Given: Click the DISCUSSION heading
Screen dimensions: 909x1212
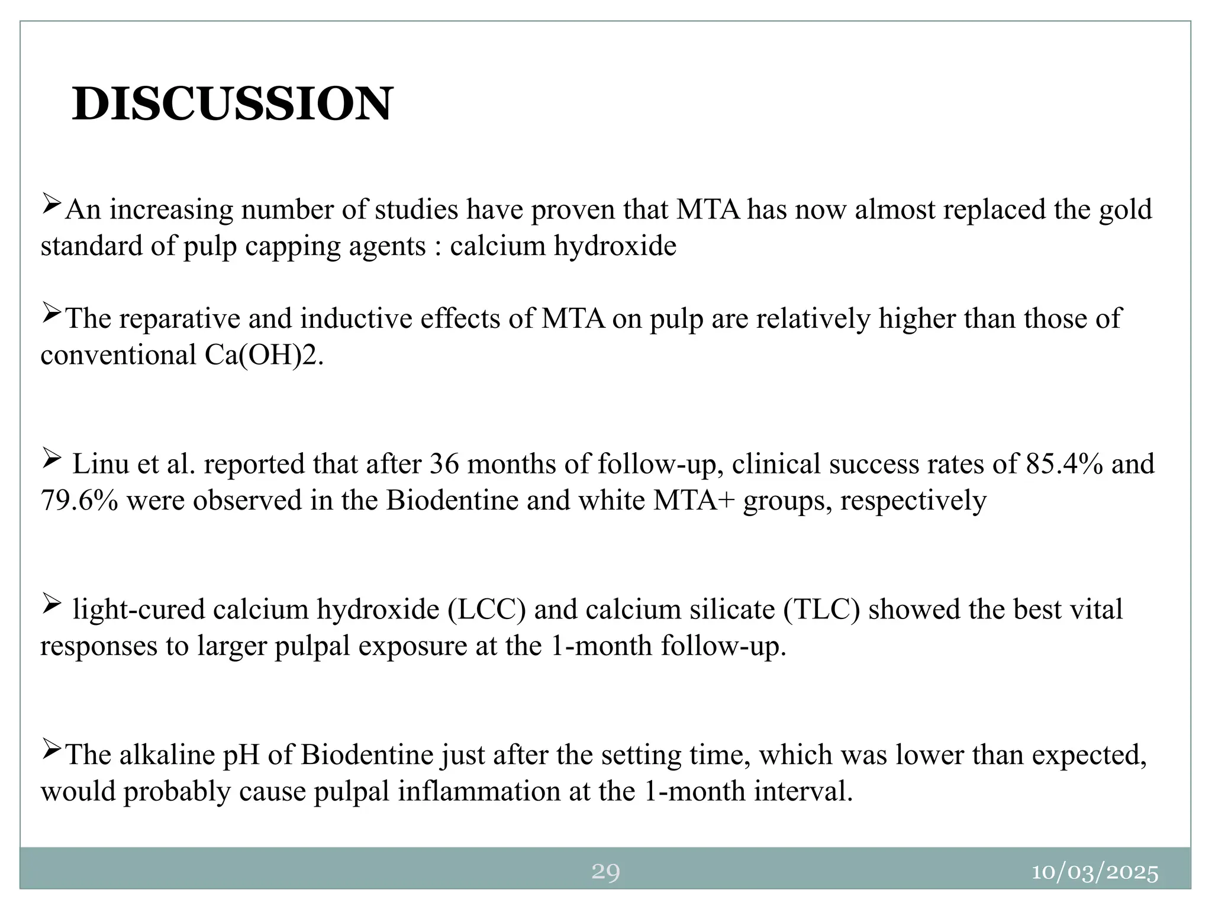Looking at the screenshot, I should (232, 104).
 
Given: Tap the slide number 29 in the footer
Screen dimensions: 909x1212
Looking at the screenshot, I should (605, 872).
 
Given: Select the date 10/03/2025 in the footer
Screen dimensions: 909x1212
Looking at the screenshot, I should (1095, 873).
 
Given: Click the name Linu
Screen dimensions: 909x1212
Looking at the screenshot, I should (97, 464).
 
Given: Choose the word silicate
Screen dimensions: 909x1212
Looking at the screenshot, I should (734, 610).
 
